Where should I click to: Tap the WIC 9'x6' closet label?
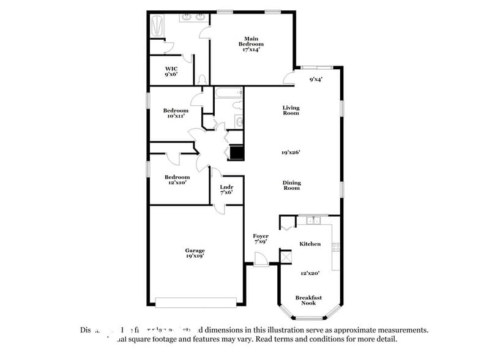171,71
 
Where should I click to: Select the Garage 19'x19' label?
195,253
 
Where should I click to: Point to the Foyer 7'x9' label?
261,239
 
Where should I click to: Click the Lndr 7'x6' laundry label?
226,190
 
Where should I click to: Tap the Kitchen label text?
310,244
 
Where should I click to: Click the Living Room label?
291,110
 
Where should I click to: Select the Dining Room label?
291,185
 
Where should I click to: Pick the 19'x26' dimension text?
291,152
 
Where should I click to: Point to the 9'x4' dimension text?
316,79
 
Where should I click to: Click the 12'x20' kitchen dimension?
310,273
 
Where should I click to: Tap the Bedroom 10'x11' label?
175,113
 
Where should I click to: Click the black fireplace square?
236,153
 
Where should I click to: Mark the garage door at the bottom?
196,302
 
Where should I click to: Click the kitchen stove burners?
335,247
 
